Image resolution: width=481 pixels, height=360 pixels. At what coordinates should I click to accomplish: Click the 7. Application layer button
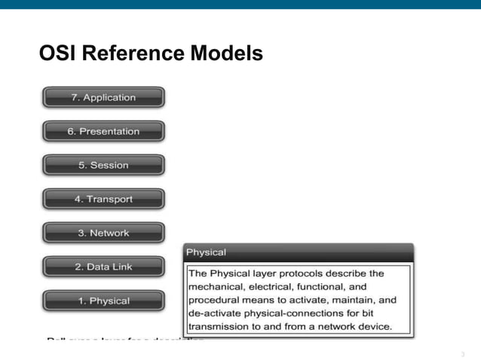103,98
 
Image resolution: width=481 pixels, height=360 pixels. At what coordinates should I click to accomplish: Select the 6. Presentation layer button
103,132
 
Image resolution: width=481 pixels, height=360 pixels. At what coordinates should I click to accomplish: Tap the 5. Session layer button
103,166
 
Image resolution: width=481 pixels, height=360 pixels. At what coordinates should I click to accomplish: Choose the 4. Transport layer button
103,200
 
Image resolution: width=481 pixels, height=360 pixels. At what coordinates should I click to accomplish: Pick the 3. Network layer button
103,233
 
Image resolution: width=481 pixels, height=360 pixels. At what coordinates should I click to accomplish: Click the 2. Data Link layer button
103,267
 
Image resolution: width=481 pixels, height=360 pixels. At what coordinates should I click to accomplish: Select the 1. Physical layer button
103,301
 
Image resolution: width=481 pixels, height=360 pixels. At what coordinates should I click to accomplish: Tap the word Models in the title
226,54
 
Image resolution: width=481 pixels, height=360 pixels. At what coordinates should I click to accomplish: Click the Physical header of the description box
206,252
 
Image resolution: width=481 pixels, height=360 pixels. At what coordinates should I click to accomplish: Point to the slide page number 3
461,353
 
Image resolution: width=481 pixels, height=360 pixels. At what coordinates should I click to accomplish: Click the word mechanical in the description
216,287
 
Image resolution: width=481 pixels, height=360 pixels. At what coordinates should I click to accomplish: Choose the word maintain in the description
352,300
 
